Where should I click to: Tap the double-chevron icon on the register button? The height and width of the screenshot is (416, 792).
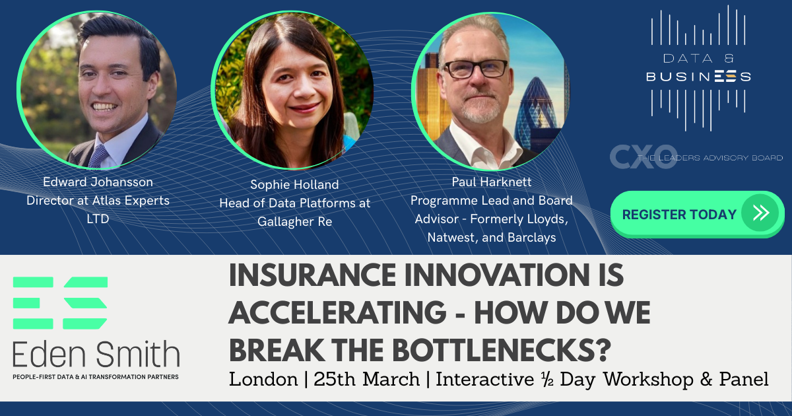[x=760, y=213]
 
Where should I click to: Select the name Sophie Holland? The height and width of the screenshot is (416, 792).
[x=295, y=184]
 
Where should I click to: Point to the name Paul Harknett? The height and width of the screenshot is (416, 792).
[x=491, y=181]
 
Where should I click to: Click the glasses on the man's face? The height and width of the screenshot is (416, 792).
[x=476, y=69]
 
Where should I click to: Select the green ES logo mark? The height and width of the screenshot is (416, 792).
[x=60, y=303]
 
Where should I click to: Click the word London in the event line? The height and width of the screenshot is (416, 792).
[x=263, y=380]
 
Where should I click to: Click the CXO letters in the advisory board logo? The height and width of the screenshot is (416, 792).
[x=633, y=156]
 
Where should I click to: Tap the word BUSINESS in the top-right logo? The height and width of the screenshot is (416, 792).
[x=698, y=77]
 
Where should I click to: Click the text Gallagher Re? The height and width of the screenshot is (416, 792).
[x=295, y=221]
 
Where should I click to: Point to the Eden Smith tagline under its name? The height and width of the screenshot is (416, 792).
[x=96, y=376]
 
